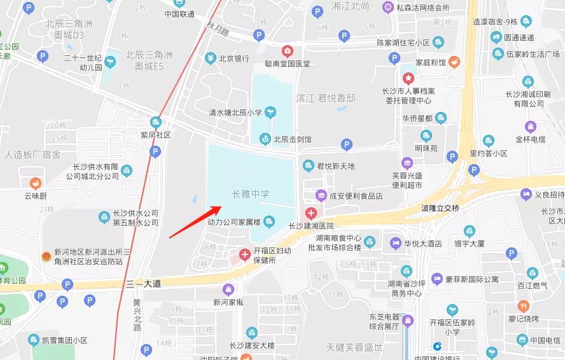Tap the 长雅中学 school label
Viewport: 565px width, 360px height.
(251, 194)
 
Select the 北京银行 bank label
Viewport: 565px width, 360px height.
(234, 59)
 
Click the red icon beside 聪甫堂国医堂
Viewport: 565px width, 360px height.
(288, 51)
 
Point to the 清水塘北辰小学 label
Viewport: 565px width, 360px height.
(235, 113)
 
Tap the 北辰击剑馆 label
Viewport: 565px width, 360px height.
(293, 139)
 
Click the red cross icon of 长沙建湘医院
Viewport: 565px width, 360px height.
(310, 212)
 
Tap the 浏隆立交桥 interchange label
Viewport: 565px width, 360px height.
(440, 208)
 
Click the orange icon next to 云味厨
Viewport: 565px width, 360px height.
(36, 183)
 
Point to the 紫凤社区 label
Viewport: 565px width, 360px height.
(156, 135)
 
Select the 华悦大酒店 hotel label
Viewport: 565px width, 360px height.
(423, 243)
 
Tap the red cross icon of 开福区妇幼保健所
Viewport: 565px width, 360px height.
(244, 254)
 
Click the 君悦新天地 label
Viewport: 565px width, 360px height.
(336, 166)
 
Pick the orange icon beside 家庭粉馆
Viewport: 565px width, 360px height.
(454, 62)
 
